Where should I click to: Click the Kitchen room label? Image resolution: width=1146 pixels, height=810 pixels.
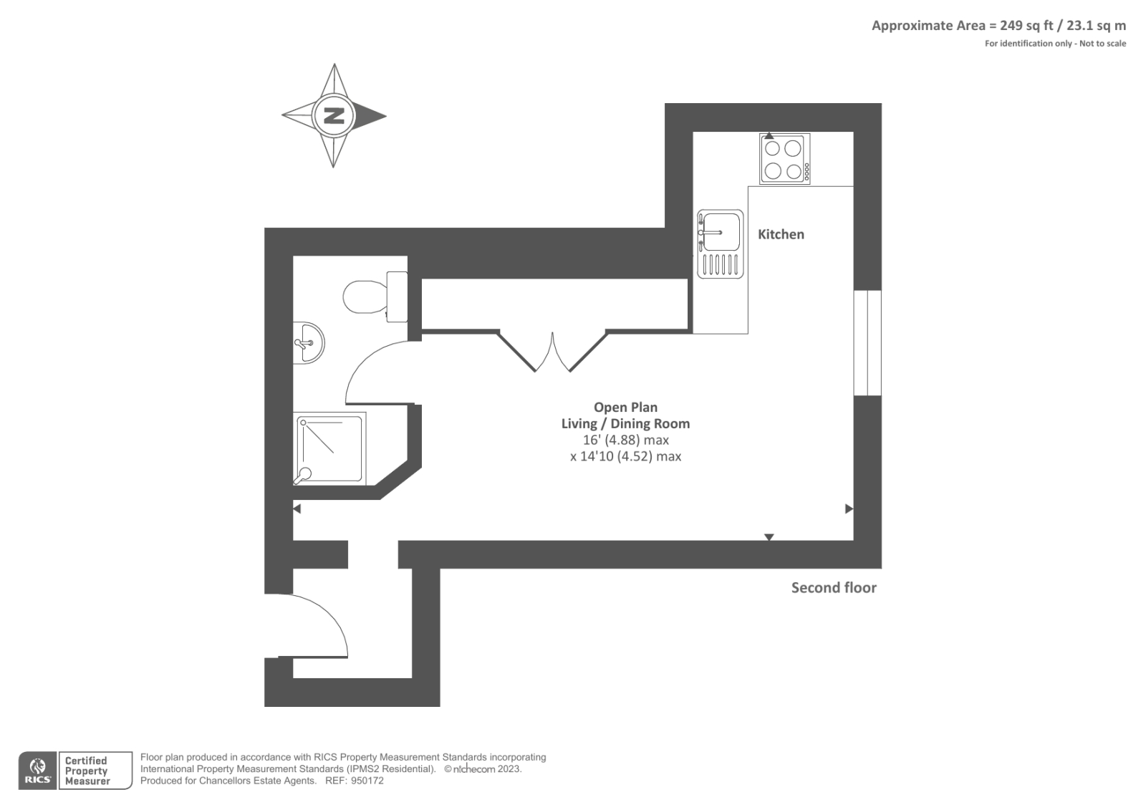781,234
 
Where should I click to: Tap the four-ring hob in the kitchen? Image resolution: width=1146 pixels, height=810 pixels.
784,159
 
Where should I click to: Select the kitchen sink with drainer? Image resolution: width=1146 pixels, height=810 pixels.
721,244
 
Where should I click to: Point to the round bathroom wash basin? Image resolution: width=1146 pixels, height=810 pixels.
309,342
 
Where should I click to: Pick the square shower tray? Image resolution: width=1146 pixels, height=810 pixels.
329,449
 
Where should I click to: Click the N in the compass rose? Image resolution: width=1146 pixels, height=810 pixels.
334,115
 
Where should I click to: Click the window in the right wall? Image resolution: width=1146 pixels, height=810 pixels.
867,342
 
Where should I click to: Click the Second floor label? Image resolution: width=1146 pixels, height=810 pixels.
834,588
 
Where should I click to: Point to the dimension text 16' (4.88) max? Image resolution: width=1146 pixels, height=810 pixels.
625,440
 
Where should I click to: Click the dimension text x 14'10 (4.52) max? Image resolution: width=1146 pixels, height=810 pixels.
625,456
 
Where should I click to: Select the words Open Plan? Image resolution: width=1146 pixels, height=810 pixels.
625,408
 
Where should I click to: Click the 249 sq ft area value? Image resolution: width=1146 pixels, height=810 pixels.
1026,26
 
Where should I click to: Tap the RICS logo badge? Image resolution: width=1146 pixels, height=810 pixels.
37,771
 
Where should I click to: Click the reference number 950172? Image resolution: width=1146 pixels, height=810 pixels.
367,781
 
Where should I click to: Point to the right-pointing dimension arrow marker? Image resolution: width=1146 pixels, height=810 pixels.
849,509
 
